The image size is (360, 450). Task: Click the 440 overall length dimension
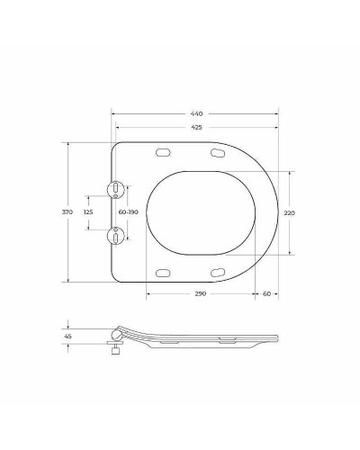coord(196,114)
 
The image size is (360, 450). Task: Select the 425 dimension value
coord(196,127)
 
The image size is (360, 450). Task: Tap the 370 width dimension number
coord(67,211)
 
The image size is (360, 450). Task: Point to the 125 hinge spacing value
coord(87,211)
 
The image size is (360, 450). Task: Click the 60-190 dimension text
coord(127,211)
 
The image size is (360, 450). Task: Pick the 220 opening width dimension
coord(289,213)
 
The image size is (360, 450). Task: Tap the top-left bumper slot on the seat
coord(163,152)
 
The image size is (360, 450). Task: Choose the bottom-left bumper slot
coord(163,273)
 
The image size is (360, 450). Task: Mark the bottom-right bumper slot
coord(217,273)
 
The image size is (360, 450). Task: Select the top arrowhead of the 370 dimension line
coord(70,143)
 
